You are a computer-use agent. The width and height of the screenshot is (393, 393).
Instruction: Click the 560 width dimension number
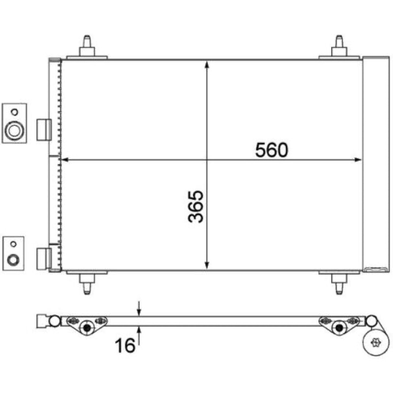coord(272,150)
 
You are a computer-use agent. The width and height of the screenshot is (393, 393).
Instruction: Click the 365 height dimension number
coord(196,206)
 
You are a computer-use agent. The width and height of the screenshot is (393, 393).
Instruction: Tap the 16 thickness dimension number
coord(125,345)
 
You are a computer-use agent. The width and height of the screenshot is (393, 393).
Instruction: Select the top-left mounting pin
coord(87,46)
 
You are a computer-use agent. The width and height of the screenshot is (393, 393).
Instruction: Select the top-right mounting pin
coord(339,46)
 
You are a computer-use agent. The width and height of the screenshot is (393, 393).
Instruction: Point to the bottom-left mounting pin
coord(87,284)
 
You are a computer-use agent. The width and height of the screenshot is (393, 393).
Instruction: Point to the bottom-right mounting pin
coord(339,284)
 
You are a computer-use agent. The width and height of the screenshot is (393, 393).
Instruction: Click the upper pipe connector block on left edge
coord(44,130)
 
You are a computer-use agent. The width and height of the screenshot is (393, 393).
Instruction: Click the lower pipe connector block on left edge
coord(44,259)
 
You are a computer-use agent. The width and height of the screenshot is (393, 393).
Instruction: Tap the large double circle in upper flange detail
coord(14,130)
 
